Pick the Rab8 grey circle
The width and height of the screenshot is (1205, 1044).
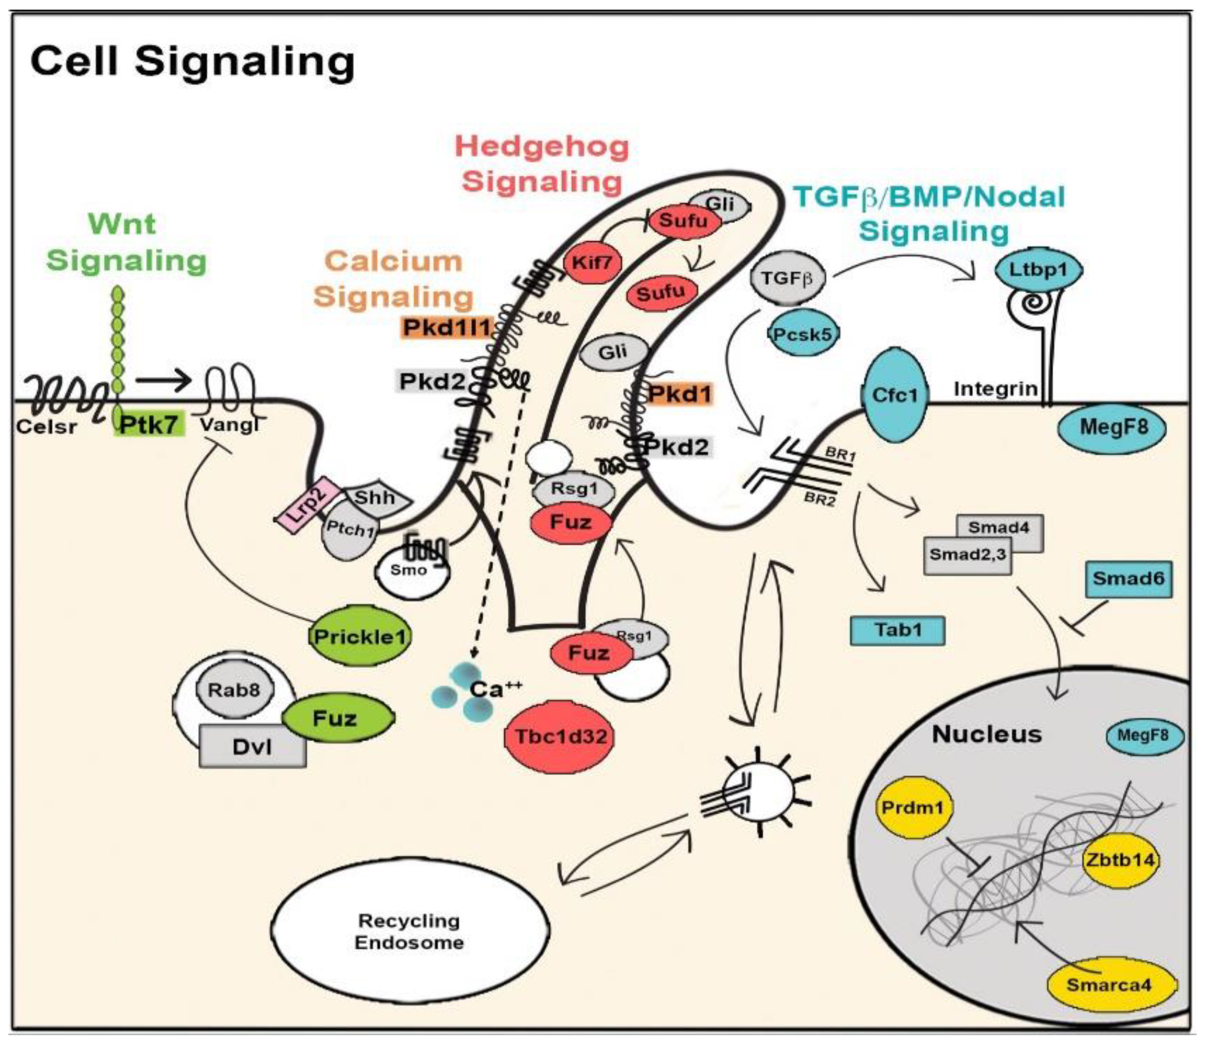click(234, 690)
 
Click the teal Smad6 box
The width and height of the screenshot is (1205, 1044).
click(1128, 579)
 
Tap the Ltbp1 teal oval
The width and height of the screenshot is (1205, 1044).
click(1038, 270)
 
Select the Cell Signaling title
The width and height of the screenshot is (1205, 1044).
click(192, 61)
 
